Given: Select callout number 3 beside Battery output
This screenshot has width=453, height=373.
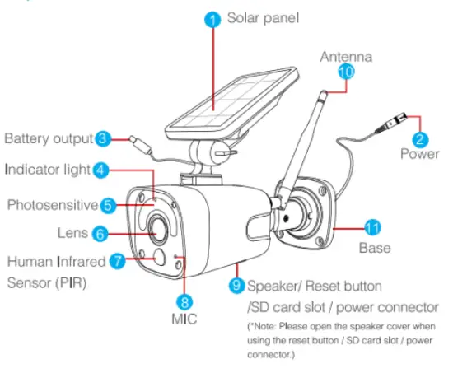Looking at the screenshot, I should pyautogui.click(x=103, y=138).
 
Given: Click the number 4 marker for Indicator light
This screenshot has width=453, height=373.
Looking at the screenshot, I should pyautogui.click(x=101, y=170).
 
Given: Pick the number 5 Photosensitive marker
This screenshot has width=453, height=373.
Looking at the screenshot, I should pyautogui.click(x=110, y=203).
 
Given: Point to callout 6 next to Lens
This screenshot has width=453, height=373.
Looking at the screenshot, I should pyautogui.click(x=99, y=233).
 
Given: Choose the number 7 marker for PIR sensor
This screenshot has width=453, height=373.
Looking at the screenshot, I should pyautogui.click(x=118, y=262).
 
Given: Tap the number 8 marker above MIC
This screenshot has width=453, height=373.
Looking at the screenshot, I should pyautogui.click(x=185, y=301).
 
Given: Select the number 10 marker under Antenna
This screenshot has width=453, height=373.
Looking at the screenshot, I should pyautogui.click(x=346, y=72).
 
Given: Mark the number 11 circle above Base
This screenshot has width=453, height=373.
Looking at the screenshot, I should pyautogui.click(x=371, y=226).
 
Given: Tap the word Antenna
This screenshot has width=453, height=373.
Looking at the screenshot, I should pyautogui.click(x=346, y=57).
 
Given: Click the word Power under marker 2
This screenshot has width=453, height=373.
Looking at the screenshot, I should pyautogui.click(x=420, y=154).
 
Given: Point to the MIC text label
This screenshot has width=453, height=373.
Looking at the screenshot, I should pyautogui.click(x=186, y=318).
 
